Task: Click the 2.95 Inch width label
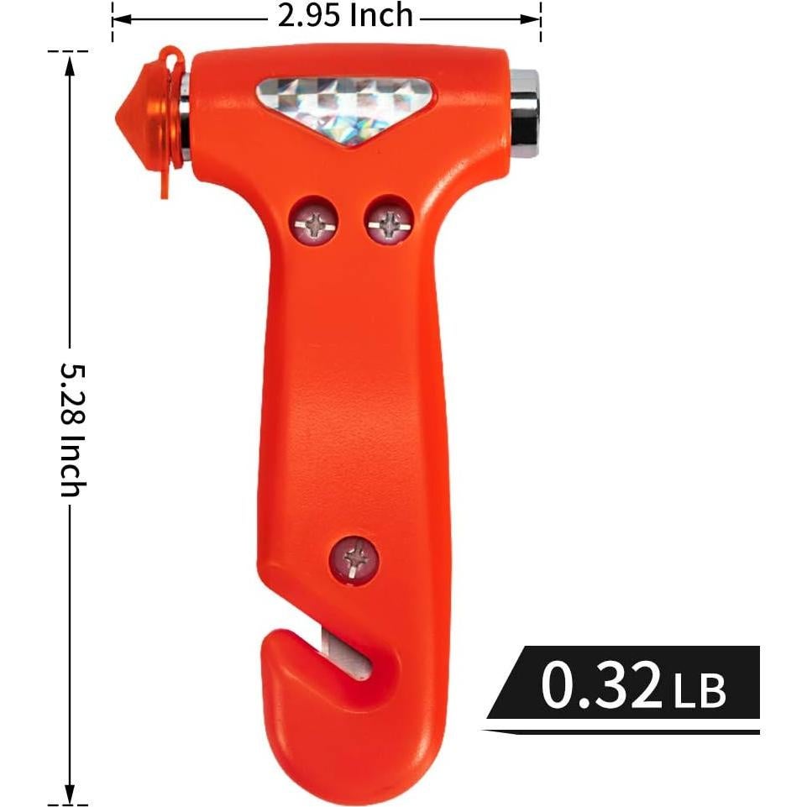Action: tap(345, 15)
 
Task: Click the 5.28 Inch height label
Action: tap(73, 428)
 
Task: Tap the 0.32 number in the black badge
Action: tap(601, 684)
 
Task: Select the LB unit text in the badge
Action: tap(699, 690)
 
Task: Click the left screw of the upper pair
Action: tap(313, 221)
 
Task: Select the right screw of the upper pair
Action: tap(389, 221)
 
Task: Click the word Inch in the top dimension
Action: tap(383, 15)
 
